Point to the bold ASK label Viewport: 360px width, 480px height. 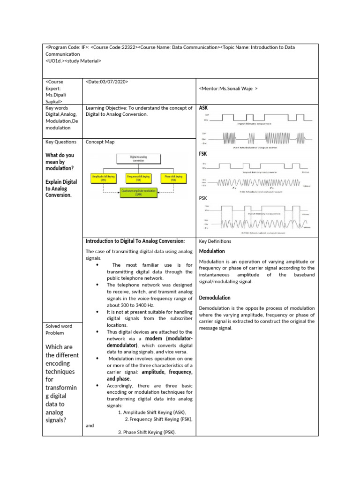[x=203, y=108]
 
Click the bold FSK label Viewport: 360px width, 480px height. [x=203, y=154]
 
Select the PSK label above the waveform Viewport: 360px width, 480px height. [x=203, y=198]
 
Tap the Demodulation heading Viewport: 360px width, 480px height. [x=215, y=298]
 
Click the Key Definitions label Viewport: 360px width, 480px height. [x=215, y=241]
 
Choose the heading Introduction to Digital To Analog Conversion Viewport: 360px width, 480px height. [x=135, y=241]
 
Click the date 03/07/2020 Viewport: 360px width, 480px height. [x=107, y=82]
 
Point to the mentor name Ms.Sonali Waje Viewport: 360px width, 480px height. [x=228, y=88]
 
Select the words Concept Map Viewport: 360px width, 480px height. [x=100, y=142]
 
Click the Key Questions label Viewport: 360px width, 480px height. [x=60, y=142]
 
